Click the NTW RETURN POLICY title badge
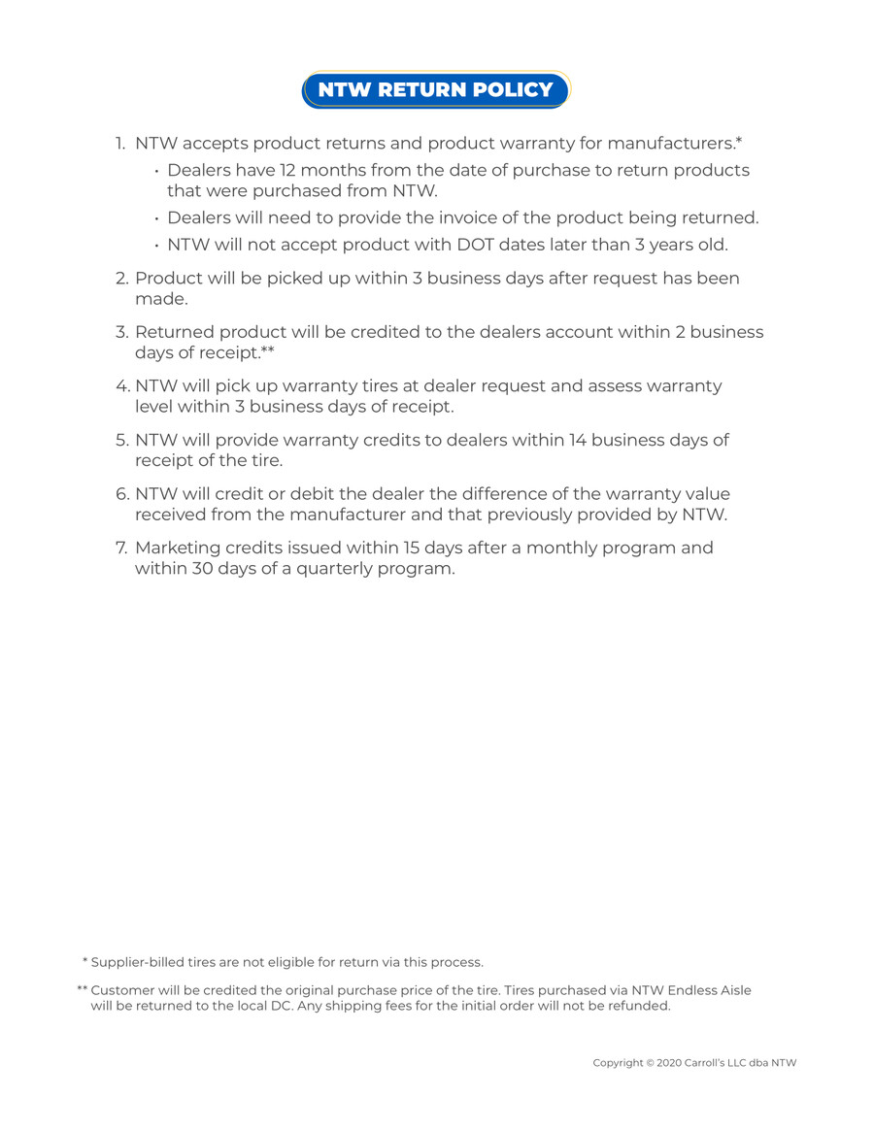click(436, 90)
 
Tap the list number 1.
click(120, 145)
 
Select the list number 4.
click(122, 386)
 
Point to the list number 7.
click(121, 548)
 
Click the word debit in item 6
click(309, 494)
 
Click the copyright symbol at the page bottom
click(650, 1064)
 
